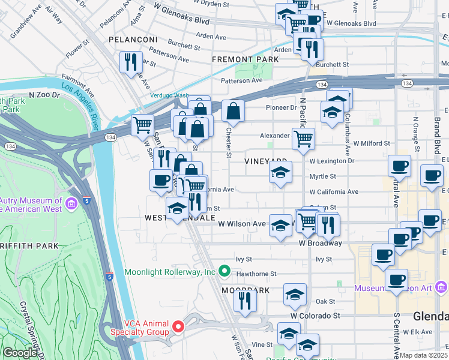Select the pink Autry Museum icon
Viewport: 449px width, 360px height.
pyautogui.click(x=71, y=205)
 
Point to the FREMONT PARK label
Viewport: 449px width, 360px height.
pyautogui.click(x=245, y=60)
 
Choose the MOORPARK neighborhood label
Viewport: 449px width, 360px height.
pyautogui.click(x=244, y=290)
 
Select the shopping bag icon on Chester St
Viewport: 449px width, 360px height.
pyautogui.click(x=233, y=111)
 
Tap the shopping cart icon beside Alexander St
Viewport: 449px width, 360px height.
pyautogui.click(x=304, y=139)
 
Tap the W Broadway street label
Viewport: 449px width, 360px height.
pyautogui.click(x=320, y=243)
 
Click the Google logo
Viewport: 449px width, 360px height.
pyautogui.click(x=20, y=353)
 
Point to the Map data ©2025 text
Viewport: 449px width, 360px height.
pyautogui.click(x=424, y=355)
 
